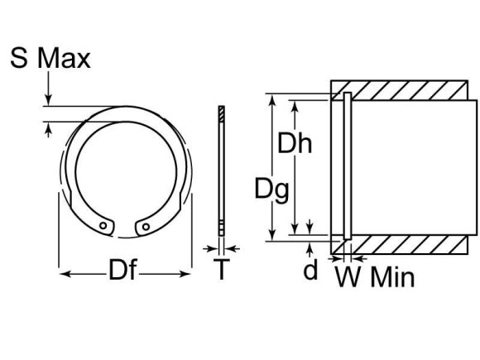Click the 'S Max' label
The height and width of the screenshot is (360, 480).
50,59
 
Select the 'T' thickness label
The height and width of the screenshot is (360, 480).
221,270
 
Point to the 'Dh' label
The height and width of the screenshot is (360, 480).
294,144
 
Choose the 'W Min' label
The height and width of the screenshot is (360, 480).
374,275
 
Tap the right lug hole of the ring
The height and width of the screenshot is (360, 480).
146,223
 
